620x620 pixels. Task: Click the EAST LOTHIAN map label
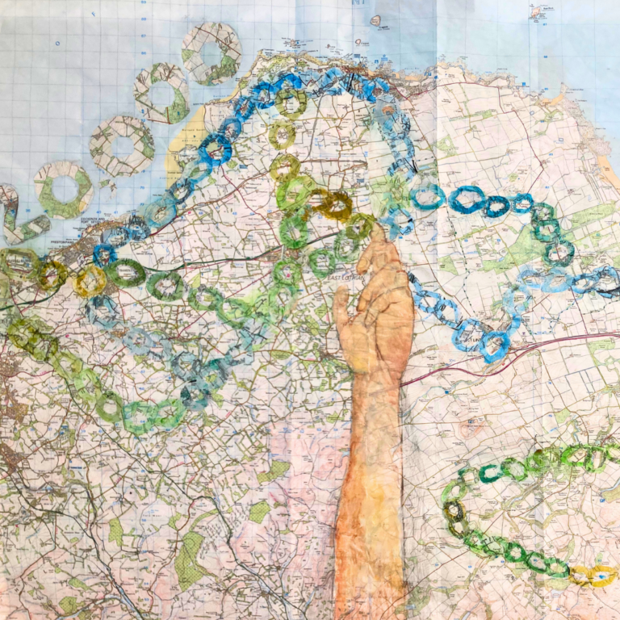point(345,278)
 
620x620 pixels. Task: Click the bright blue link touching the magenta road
point(494,345)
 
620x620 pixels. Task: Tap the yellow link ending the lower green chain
point(593,575)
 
